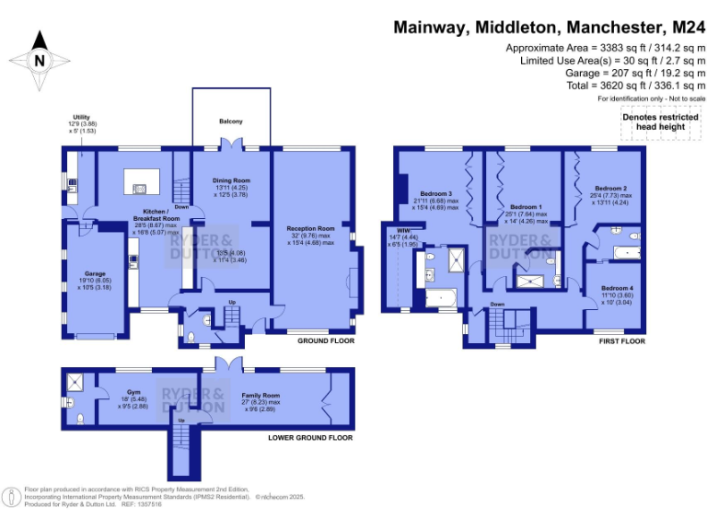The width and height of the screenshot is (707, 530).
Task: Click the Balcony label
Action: click(231, 120)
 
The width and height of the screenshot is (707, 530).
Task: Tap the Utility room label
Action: click(81, 119)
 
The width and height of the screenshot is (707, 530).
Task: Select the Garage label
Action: click(95, 273)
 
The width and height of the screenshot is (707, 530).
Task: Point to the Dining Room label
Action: click(231, 180)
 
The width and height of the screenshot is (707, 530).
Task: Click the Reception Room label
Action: click(310, 227)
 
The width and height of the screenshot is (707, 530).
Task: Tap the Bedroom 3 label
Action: click(436, 194)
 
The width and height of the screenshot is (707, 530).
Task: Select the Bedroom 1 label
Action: click(526, 207)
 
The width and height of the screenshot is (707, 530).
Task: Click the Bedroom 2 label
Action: click(611, 187)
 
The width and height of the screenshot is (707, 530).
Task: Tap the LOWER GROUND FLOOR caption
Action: click(310, 438)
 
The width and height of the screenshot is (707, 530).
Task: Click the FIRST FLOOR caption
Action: click(620, 341)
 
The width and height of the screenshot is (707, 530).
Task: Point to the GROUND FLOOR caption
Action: click(325, 341)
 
